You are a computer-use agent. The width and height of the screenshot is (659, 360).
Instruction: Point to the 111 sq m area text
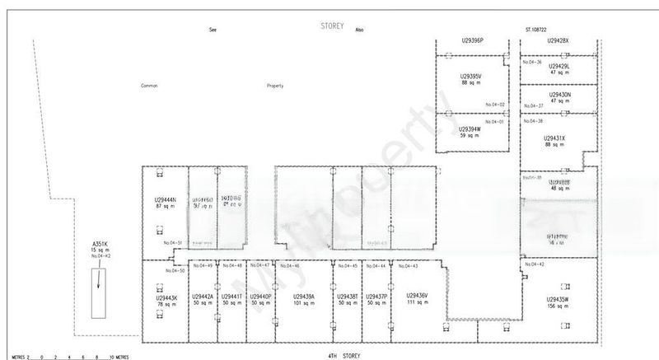417,303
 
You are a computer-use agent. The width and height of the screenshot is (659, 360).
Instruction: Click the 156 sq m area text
558,305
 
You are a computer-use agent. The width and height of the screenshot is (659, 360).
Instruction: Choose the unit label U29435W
558,298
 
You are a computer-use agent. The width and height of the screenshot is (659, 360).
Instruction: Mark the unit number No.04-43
409,265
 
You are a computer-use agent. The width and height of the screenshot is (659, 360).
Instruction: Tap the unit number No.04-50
175,270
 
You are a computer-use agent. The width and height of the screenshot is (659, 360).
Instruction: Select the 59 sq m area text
470,135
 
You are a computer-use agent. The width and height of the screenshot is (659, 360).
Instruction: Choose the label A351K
100,243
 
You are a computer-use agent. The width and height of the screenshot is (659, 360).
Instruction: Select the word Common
149,86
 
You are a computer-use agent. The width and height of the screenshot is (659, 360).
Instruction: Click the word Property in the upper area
275,86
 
